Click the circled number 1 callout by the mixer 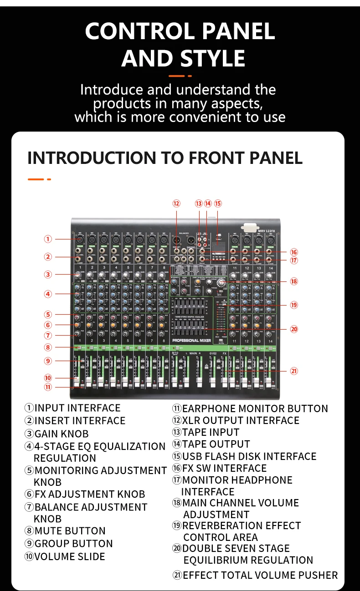coord(48,239)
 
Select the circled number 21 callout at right coord(294,371)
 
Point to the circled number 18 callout coord(294,281)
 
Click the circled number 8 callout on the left coord(48,347)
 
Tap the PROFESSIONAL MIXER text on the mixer coord(192,341)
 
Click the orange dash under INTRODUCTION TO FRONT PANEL coord(36,179)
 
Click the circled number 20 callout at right coord(294,329)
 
